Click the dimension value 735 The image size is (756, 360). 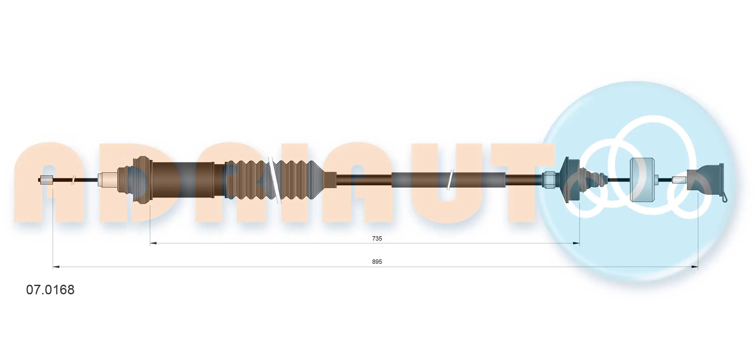pos(377,238)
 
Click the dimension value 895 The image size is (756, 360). pos(377,262)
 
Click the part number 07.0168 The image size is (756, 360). pos(50,290)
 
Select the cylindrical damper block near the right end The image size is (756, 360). pos(642,180)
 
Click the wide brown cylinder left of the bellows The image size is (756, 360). pos(183,180)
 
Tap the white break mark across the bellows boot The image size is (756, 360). pos(275,180)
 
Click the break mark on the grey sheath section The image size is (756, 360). pos(450,180)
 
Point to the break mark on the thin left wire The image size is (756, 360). pos(73,180)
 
